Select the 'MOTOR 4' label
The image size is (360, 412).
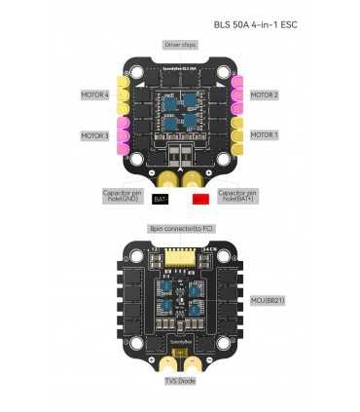(x=94, y=95)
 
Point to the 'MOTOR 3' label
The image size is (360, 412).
(x=94, y=135)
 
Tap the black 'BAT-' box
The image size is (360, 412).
(x=162, y=199)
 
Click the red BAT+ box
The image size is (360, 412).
(x=200, y=199)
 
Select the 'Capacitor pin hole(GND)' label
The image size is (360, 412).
(x=122, y=196)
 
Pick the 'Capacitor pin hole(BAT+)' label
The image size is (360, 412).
(x=239, y=196)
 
